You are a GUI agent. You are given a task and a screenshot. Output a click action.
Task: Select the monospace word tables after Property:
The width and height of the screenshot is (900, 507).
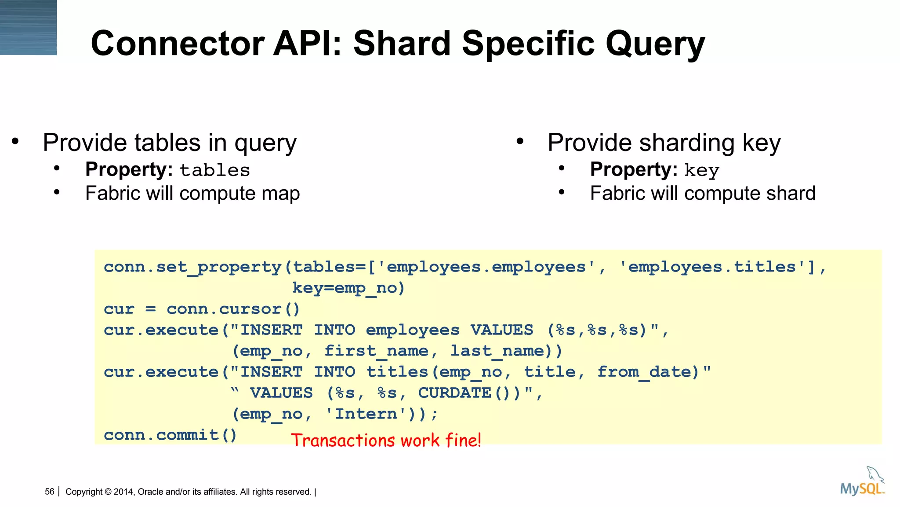click(x=214, y=170)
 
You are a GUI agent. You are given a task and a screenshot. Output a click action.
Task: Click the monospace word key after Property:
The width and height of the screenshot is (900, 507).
click(x=701, y=171)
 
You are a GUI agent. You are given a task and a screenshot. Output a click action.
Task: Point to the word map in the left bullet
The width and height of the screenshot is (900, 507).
click(x=280, y=193)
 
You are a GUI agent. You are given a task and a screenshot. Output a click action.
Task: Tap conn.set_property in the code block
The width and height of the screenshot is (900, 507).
click(x=192, y=267)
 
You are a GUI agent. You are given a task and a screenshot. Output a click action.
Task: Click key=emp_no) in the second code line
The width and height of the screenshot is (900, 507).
click(x=348, y=288)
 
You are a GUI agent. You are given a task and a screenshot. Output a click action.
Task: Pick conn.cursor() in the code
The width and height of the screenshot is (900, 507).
click(x=233, y=309)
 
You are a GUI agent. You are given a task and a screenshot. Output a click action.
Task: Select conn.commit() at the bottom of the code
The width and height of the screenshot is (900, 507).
click(x=170, y=435)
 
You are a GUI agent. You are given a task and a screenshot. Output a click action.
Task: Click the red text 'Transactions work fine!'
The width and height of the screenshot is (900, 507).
click(x=386, y=440)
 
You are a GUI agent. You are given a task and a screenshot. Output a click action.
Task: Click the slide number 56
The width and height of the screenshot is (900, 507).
click(x=49, y=492)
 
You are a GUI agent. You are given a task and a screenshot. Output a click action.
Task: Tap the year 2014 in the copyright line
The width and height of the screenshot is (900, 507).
click(x=123, y=492)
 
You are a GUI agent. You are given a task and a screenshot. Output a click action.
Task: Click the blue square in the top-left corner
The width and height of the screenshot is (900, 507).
click(x=28, y=27)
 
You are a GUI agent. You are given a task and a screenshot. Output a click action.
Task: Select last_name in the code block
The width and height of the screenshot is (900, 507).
click(x=497, y=351)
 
